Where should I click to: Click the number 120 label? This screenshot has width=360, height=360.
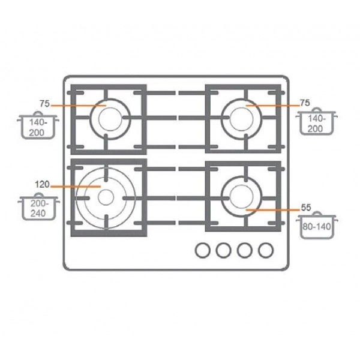click(x=42, y=184)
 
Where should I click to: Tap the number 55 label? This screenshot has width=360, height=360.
click(x=306, y=208)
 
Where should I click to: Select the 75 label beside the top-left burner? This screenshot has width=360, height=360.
click(x=44, y=104)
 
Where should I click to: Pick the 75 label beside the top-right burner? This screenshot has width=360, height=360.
click(x=305, y=103)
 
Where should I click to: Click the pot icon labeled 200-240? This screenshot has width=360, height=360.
click(x=39, y=206)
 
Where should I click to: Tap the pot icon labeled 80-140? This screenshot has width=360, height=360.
click(x=317, y=225)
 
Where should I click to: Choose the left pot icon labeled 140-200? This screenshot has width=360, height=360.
click(x=38, y=125)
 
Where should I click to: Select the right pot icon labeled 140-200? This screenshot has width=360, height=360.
click(x=317, y=121)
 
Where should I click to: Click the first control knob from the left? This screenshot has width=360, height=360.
click(x=203, y=250)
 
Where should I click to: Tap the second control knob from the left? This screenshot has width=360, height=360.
click(x=224, y=250)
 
